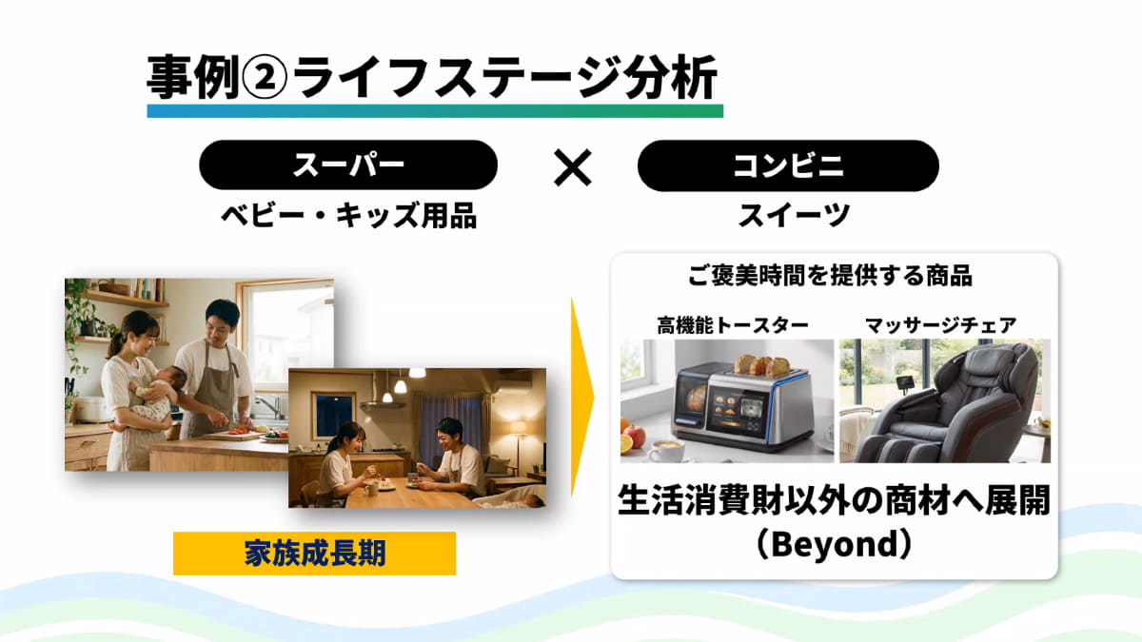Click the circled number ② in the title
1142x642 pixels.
click(265, 78)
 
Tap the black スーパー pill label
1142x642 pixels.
click(348, 165)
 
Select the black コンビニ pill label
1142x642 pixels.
click(788, 166)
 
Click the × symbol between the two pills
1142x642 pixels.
click(573, 167)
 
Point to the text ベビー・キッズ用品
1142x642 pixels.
click(349, 216)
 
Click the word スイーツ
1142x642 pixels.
click(794, 216)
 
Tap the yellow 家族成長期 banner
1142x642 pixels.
click(315, 554)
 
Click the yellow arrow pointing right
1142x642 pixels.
click(581, 398)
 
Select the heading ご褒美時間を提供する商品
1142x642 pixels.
click(830, 276)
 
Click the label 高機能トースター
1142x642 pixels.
click(733, 325)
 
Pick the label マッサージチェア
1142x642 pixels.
click(941, 325)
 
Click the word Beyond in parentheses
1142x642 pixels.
click(834, 544)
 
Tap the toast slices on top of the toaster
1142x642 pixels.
click(761, 366)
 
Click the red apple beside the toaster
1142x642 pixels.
click(635, 437)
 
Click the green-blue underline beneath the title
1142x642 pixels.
click(435, 111)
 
